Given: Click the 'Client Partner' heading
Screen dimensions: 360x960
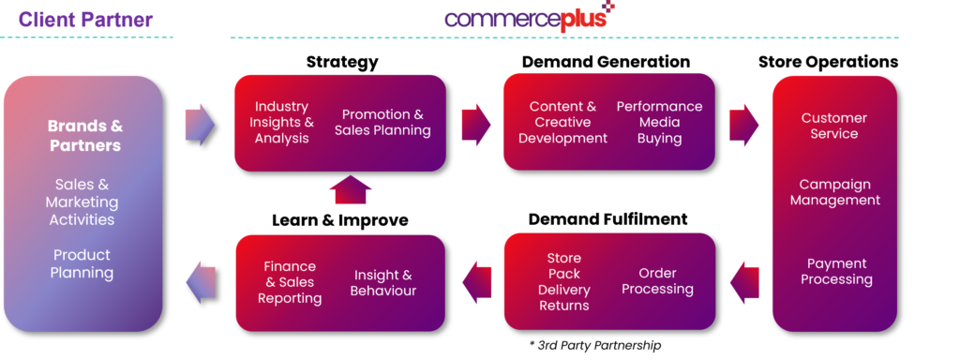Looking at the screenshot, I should (85, 19).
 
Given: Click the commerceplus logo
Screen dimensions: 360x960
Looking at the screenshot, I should (529, 18).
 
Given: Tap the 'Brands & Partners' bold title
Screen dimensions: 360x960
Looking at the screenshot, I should (85, 136).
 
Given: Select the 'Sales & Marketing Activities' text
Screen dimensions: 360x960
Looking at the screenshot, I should (82, 202).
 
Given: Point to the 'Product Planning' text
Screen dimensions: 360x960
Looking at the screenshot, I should (82, 263).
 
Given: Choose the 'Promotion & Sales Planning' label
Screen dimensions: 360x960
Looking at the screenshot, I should (382, 123).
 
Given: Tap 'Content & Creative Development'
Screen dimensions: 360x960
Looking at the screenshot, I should (562, 123).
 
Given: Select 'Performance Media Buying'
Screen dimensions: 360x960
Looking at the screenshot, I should (659, 123).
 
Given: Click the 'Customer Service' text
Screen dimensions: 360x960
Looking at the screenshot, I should (833, 126).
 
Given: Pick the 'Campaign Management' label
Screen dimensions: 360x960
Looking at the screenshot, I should (834, 192).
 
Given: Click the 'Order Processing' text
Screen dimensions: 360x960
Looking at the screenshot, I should (657, 281).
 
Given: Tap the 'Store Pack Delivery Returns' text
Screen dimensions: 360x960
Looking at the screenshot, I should (563, 281).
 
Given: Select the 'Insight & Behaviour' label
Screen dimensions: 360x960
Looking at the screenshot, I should (382, 282).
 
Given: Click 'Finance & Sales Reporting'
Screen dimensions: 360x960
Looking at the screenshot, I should (290, 282).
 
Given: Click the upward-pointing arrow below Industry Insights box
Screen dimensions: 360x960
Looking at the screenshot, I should (351, 189).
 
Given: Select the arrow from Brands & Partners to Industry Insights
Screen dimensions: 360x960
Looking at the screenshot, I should (199, 124).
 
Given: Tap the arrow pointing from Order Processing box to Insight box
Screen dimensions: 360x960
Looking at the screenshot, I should (476, 281).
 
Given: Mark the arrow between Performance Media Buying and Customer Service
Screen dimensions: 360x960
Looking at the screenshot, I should (743, 124).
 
